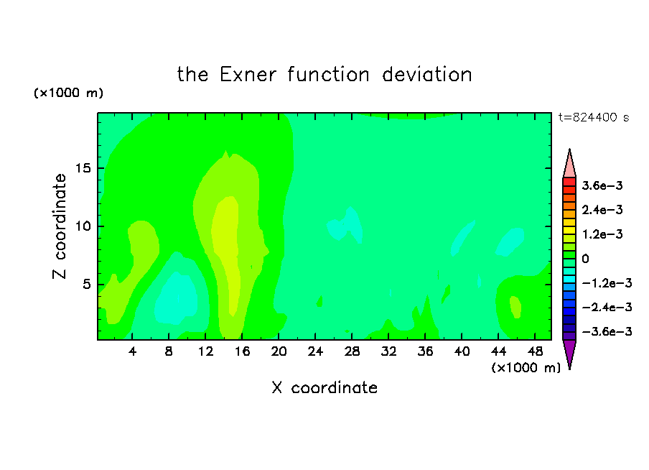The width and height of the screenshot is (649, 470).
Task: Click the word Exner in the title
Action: tap(248, 75)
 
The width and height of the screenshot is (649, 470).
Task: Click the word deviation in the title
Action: tap(427, 75)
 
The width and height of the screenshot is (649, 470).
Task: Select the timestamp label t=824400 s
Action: tap(594, 117)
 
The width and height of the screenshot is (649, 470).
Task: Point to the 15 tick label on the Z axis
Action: tap(83, 168)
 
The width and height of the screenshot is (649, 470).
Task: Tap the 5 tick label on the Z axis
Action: tap(86, 285)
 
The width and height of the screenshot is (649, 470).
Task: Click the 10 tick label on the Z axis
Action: tap(83, 226)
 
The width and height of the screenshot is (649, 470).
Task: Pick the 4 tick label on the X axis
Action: tap(132, 351)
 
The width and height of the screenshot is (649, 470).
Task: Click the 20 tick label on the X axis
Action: tap(279, 351)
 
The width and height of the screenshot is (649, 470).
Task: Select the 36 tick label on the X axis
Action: tap(425, 351)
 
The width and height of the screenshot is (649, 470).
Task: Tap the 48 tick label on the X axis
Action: tap(535, 351)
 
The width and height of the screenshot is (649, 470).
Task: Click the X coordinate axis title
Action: tap(325, 388)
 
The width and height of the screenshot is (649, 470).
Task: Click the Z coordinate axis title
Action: tap(60, 226)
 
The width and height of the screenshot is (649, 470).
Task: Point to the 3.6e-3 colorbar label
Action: tap(602, 185)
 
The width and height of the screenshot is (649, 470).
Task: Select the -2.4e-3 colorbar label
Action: tap(607, 307)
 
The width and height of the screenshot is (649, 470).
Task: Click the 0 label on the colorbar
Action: tap(585, 259)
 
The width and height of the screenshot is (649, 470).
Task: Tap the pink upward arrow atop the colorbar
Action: tap(569, 164)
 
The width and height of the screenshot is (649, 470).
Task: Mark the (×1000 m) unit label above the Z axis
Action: tap(68, 93)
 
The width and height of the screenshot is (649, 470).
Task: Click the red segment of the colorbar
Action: tap(569, 182)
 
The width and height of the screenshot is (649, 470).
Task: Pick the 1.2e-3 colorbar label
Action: tap(602, 234)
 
